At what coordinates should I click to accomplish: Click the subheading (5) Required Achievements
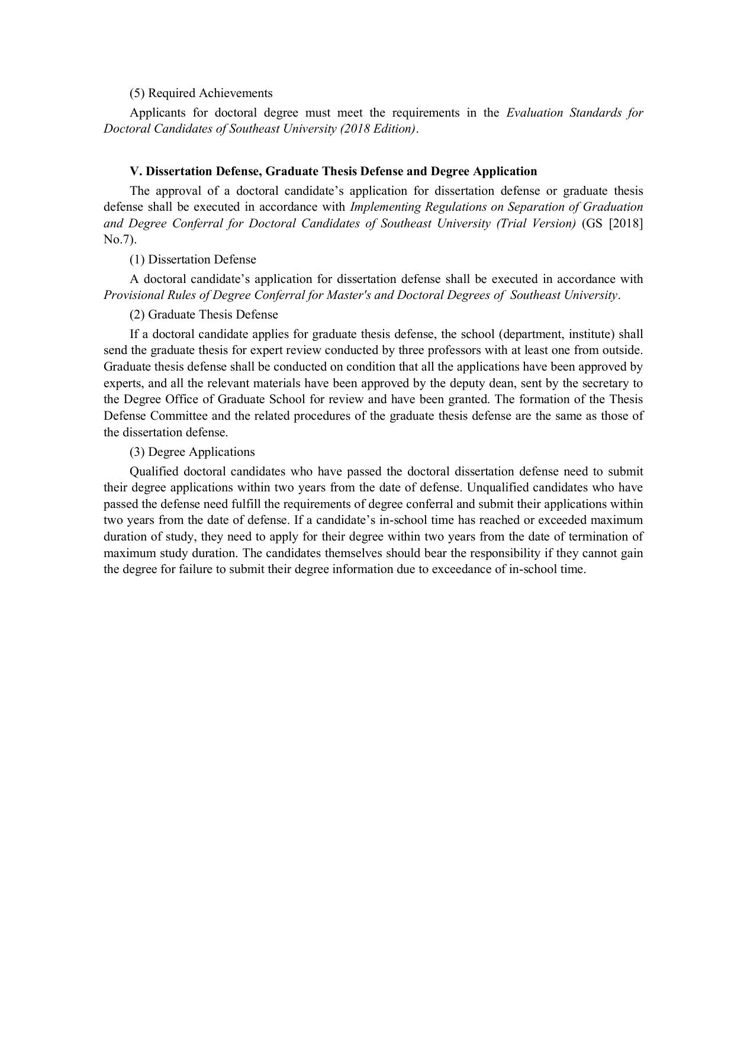coord(201,93)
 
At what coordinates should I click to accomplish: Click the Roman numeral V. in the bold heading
coord(136,171)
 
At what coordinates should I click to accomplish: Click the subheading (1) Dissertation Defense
coord(193,259)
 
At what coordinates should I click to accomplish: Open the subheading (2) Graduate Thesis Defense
coord(204,314)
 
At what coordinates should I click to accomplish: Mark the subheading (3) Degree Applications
coord(192,452)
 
